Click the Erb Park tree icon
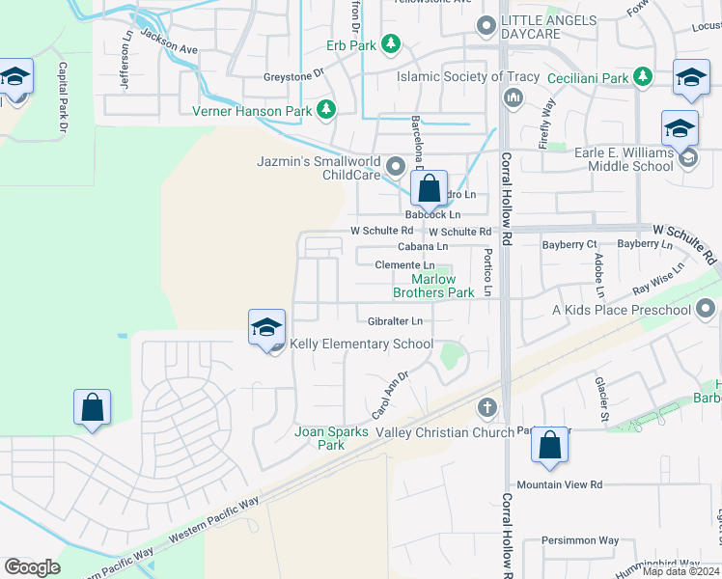[x=391, y=43]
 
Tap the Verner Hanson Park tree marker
[x=327, y=110]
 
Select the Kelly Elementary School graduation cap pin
[x=266, y=328]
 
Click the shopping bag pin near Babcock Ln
[x=430, y=188]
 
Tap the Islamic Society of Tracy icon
[x=513, y=96]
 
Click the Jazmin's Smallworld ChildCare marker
[x=395, y=169]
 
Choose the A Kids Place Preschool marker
[x=706, y=309]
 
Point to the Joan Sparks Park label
[x=331, y=438]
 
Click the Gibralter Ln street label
[x=395, y=320]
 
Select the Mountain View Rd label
[x=559, y=484]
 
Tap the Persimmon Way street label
[x=579, y=540]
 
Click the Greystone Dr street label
[x=293, y=75]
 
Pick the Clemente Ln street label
[x=404, y=264]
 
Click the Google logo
[x=32, y=567]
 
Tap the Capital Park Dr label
[x=64, y=97]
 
